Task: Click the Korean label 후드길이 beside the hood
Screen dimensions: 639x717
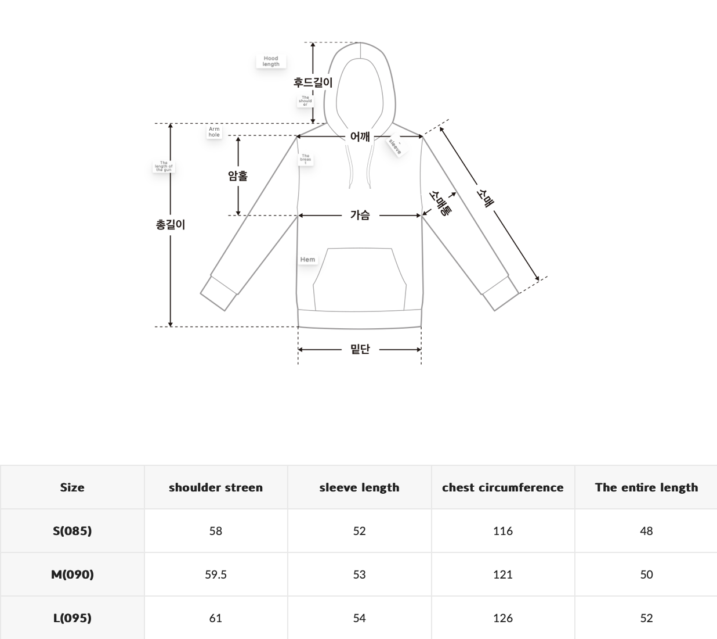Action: click(313, 82)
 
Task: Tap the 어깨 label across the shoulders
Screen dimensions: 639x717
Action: click(360, 137)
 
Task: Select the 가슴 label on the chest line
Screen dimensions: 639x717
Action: click(360, 215)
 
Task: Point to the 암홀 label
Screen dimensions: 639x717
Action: click(238, 175)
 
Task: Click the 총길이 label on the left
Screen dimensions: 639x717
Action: click(170, 224)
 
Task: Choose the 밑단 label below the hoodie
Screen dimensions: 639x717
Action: click(360, 349)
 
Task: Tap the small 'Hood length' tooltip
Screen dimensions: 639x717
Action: click(271, 62)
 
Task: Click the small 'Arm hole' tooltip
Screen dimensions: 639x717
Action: click(215, 132)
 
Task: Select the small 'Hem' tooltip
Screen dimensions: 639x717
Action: click(308, 260)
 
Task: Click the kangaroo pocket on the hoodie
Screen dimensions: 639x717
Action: click(360, 279)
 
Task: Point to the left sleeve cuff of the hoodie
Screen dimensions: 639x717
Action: click(219, 292)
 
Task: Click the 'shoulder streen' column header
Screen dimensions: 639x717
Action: click(216, 487)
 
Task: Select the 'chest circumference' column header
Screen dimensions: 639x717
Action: click(503, 487)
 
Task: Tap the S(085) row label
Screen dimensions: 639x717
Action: click(72, 531)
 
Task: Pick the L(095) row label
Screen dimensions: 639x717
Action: click(72, 618)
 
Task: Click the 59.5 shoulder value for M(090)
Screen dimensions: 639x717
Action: click(216, 575)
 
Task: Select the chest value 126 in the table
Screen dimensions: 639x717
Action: click(503, 618)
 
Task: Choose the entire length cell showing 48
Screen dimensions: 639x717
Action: click(646, 531)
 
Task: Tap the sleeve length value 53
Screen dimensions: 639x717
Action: click(359, 575)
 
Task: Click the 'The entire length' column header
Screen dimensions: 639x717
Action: click(646, 487)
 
